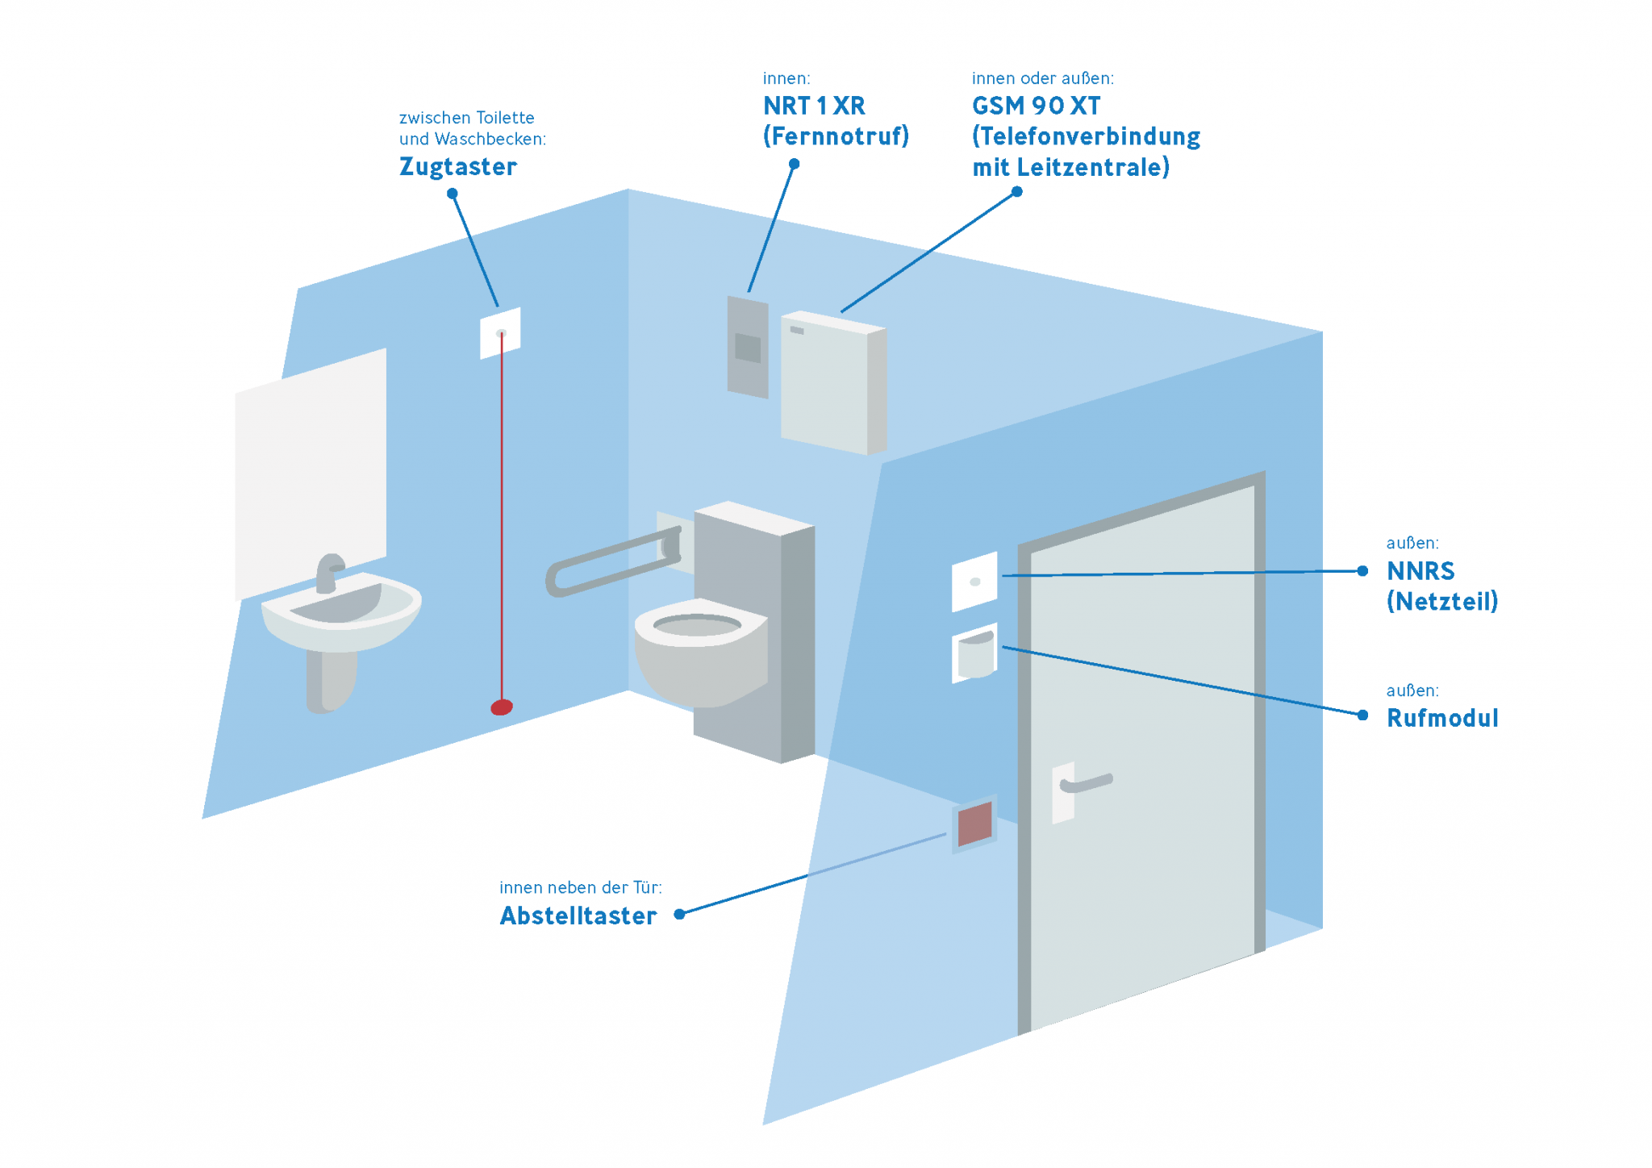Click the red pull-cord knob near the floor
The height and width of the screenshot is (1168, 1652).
[x=502, y=707]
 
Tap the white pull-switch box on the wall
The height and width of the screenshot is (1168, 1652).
[x=500, y=332]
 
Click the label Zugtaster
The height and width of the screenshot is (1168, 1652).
[x=458, y=167]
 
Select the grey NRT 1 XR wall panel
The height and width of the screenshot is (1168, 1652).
[x=748, y=347]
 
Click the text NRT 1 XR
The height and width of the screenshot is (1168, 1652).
[x=814, y=106]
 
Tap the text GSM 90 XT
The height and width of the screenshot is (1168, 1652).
[x=1036, y=106]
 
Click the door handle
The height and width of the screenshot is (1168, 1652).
[x=1087, y=782]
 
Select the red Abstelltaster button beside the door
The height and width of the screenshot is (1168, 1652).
[x=974, y=824]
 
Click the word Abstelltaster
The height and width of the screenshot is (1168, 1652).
[x=578, y=916]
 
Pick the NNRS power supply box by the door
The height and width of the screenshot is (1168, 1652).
[x=974, y=581]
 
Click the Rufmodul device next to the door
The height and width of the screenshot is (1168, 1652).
[x=974, y=653]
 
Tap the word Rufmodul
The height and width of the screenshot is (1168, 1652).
[x=1442, y=718]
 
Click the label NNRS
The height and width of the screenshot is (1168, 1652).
[x=1420, y=571]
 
